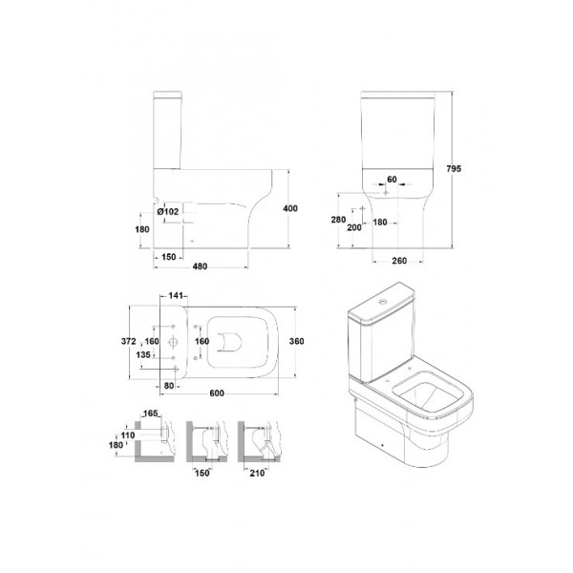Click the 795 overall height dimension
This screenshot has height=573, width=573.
[454, 168]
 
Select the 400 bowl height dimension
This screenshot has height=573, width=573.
[290, 208]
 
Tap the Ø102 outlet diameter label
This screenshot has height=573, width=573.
[168, 211]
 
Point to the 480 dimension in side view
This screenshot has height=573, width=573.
[200, 266]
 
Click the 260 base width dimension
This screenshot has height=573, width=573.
[399, 261]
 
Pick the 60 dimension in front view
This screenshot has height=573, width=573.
[392, 180]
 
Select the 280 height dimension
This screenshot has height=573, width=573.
[338, 220]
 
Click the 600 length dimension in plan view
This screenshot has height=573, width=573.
[217, 393]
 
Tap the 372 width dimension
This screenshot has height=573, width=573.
[129, 341]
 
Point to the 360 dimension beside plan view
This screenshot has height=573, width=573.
[296, 341]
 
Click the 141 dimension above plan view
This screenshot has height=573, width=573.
[176, 295]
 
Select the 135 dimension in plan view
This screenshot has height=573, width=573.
[143, 354]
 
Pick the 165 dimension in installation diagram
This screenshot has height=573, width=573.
[150, 414]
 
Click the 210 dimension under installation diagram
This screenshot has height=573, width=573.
[257, 473]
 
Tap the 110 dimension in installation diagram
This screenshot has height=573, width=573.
[128, 435]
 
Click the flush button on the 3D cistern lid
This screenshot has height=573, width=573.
[382, 302]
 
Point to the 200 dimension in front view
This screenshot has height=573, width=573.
[354, 227]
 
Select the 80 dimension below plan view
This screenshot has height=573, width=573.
[169, 386]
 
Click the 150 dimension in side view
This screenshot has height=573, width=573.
[169, 257]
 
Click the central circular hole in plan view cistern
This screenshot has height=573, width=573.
[173, 343]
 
